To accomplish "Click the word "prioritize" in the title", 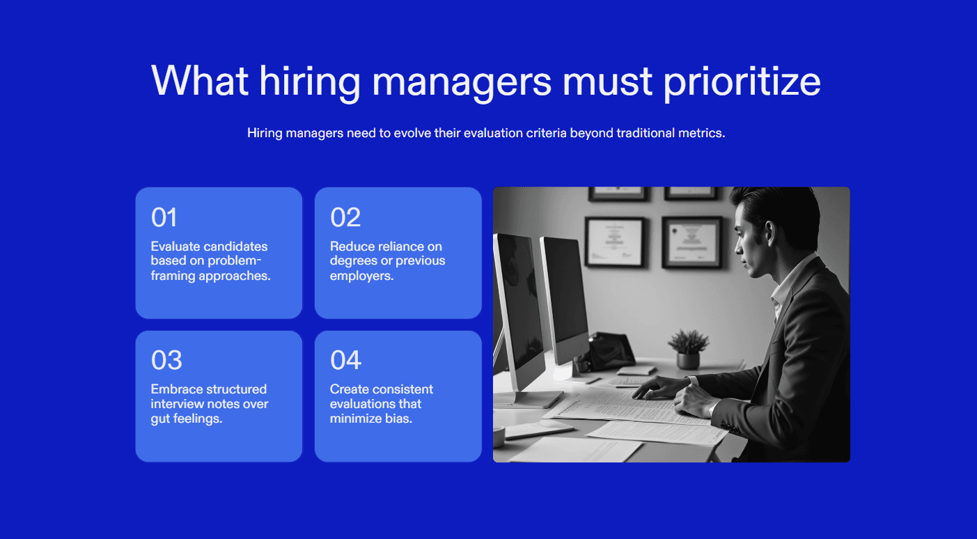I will pyautogui.click(x=742, y=82).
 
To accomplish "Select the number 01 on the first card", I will pyautogui.click(x=164, y=218).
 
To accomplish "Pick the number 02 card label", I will pyautogui.click(x=345, y=218).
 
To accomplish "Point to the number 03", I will pyautogui.click(x=166, y=361).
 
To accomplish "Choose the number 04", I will pyautogui.click(x=345, y=361).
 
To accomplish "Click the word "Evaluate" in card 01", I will pyautogui.click(x=174, y=247).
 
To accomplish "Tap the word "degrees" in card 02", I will pyautogui.click(x=352, y=261).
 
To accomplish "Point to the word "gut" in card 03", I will pyautogui.click(x=159, y=419).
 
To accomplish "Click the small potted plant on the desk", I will pyautogui.click(x=687, y=348).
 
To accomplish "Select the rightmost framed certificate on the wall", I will pyautogui.click(x=691, y=242).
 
